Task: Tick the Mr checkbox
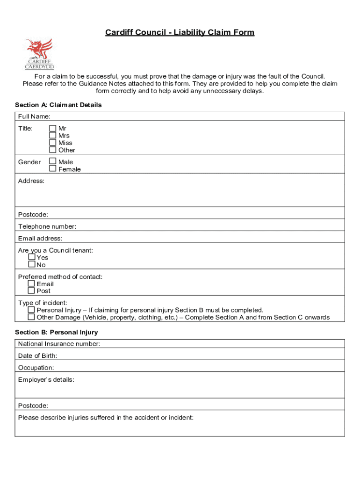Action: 53,128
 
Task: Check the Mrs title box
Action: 53,136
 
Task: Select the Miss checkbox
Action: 53,143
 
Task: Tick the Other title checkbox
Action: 53,150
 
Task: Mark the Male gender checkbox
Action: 53,161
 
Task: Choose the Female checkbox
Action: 53,169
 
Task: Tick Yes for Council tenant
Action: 31,257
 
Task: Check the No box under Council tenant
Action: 31,265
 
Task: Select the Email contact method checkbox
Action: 31,283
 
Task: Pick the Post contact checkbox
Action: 31,291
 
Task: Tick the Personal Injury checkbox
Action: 31,310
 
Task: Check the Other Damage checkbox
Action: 31,317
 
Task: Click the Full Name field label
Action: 34,116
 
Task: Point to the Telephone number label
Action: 47,227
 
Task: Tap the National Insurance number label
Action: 59,344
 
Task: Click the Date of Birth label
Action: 37,356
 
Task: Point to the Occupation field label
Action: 36,368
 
